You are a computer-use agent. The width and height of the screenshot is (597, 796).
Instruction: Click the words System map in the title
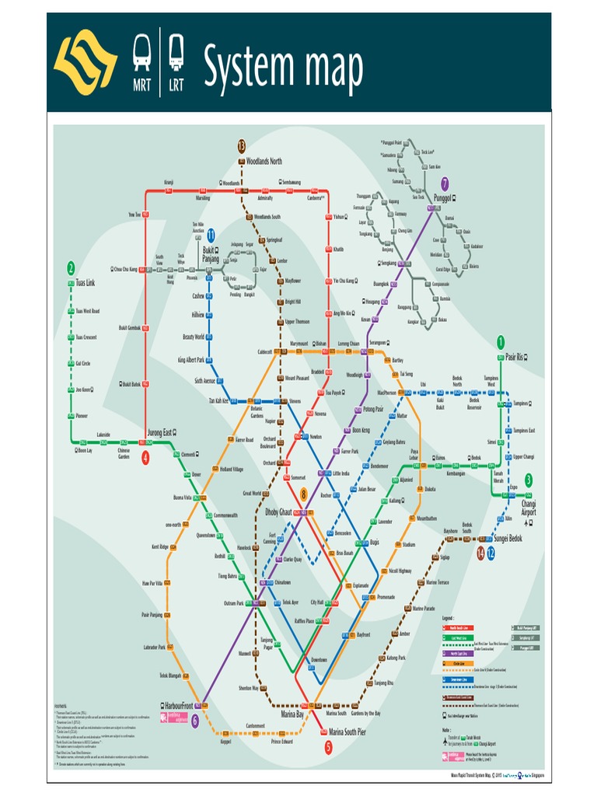tap(283, 66)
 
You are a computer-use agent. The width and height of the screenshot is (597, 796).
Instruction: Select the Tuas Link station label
tap(81, 282)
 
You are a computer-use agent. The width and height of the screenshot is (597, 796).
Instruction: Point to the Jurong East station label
tap(162, 432)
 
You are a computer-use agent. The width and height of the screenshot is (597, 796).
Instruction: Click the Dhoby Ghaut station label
tap(278, 513)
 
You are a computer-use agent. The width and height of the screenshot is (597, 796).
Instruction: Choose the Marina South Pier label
tap(347, 731)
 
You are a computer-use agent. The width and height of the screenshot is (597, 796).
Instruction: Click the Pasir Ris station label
tap(513, 357)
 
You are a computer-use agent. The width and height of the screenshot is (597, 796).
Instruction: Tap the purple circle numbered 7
tap(445, 184)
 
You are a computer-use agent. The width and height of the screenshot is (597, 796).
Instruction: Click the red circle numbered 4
tap(145, 458)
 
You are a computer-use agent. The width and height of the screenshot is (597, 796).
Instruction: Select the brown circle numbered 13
tap(242, 146)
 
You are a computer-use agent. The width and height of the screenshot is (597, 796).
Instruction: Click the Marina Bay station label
tap(292, 713)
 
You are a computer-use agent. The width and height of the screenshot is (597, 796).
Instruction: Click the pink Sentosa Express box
tap(174, 717)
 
